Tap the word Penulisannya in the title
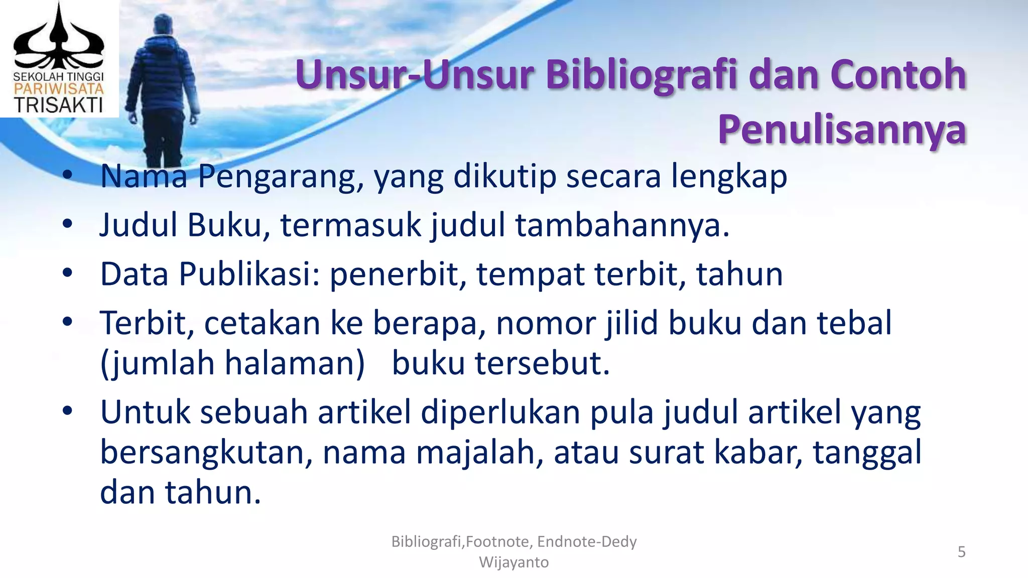(842, 129)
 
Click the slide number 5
(961, 552)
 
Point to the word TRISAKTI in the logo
(58, 105)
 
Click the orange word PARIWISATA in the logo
(58, 89)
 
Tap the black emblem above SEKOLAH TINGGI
(58, 40)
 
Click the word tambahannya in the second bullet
(621, 225)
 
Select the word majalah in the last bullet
(479, 452)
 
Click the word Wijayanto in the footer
(513, 562)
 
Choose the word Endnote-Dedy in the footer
(586, 542)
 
